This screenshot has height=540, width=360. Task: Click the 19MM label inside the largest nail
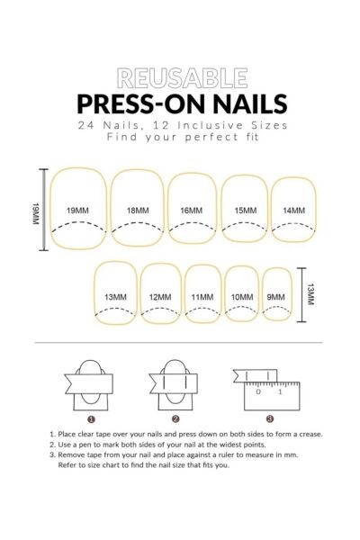[77, 211]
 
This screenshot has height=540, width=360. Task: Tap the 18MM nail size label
[138, 211]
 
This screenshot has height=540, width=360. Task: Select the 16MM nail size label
[192, 211]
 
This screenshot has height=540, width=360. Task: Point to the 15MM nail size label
[246, 211]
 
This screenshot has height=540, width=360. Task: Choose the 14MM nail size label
[294, 211]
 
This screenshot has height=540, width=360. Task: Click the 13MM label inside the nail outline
[116, 297]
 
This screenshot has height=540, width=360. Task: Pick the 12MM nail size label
[160, 297]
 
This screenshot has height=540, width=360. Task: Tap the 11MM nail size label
[202, 297]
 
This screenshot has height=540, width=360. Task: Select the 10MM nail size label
[242, 297]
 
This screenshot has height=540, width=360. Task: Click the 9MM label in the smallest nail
[276, 297]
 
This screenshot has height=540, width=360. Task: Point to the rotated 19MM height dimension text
[36, 213]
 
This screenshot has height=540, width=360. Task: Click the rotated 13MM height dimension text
[310, 294]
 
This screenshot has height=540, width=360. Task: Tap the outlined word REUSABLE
[182, 78]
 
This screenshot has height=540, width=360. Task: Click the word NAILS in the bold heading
[250, 103]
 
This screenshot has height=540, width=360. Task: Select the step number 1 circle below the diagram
[91, 419]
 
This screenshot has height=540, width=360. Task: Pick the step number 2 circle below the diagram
[175, 419]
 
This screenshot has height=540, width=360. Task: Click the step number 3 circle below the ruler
[270, 418]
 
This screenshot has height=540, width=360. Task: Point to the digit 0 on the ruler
[258, 391]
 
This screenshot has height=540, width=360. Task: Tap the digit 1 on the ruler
[280, 391]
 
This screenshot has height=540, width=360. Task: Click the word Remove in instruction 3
[70, 454]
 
